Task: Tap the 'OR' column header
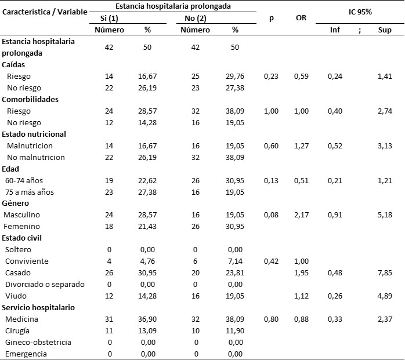(x=301, y=18)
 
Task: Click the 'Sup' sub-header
(x=384, y=29)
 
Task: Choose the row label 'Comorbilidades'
(x=30, y=99)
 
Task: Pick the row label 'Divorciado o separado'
(x=45, y=284)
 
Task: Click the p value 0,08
(x=272, y=215)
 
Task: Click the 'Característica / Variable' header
(x=45, y=12)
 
